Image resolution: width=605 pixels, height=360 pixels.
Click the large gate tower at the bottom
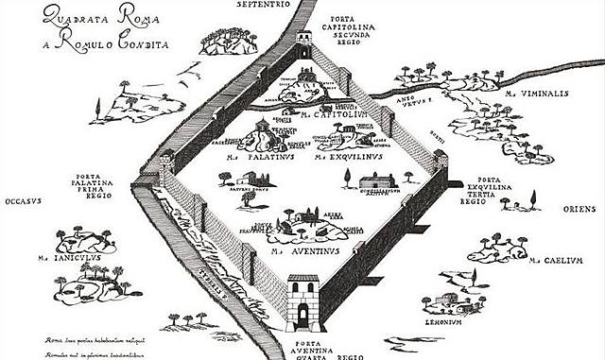click(x=303, y=301)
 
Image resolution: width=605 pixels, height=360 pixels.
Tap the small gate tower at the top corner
click(x=304, y=41)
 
